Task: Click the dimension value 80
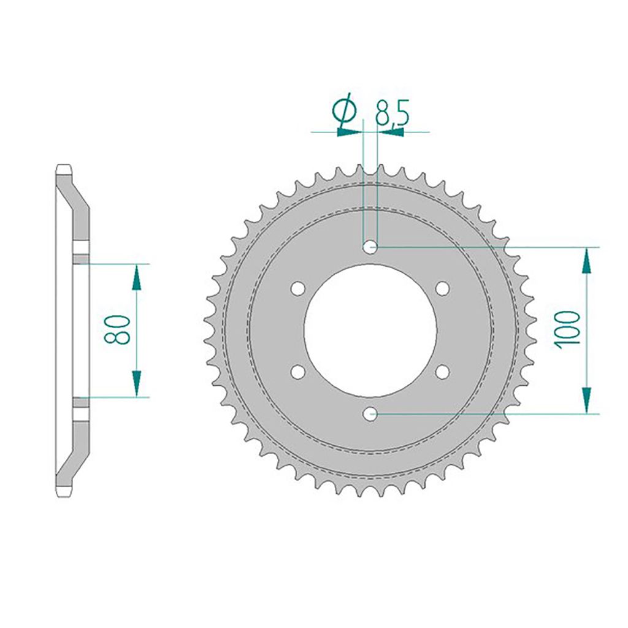click(117, 329)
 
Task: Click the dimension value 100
click(567, 329)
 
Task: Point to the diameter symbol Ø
click(344, 112)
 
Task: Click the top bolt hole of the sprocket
click(370, 247)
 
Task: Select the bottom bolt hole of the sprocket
click(370, 414)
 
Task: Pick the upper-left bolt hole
click(297, 288)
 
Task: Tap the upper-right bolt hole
click(443, 288)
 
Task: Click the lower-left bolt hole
click(297, 372)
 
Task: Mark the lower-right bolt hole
click(443, 372)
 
